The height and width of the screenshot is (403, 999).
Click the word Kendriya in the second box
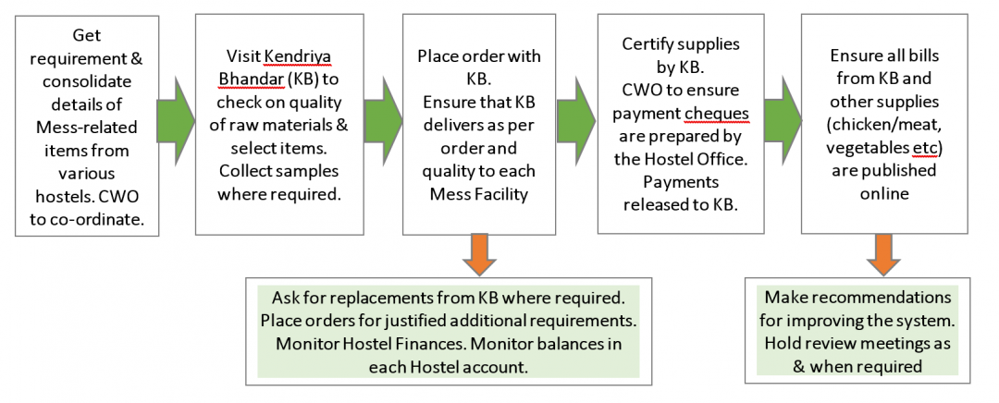pyautogui.click(x=299, y=56)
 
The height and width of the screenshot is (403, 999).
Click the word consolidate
pyautogui.click(x=87, y=80)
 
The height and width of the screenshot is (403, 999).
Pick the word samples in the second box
pyautogui.click(x=310, y=171)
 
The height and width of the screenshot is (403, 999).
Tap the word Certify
pyautogui.click(x=649, y=44)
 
